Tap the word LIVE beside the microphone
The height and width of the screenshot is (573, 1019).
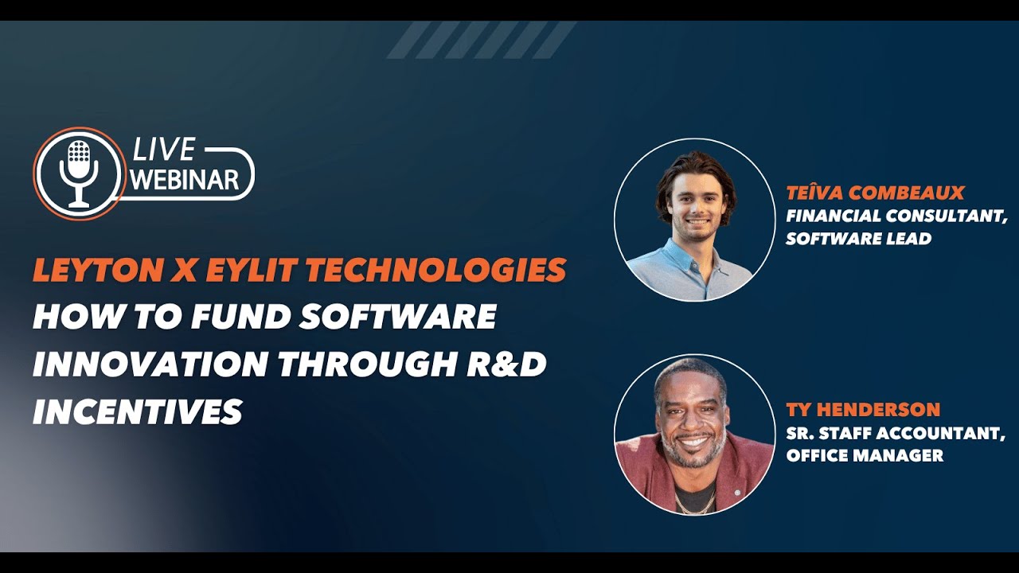click(163, 150)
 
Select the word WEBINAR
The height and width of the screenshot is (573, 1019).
click(185, 179)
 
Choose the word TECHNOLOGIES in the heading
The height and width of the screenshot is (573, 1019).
click(436, 271)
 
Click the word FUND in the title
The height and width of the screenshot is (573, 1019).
click(243, 317)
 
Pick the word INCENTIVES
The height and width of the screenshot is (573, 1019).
click(137, 411)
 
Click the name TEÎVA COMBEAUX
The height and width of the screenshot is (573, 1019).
click(875, 193)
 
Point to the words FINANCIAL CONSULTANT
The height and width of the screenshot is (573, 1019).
click(896, 216)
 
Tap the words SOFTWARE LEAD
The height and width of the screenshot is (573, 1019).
click(858, 239)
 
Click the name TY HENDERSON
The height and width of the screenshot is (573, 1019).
click(863, 410)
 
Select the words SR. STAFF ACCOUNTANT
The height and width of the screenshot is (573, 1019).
click(896, 433)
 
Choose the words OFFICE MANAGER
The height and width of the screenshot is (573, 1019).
click(865, 456)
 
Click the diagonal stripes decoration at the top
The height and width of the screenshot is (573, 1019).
click(481, 40)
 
